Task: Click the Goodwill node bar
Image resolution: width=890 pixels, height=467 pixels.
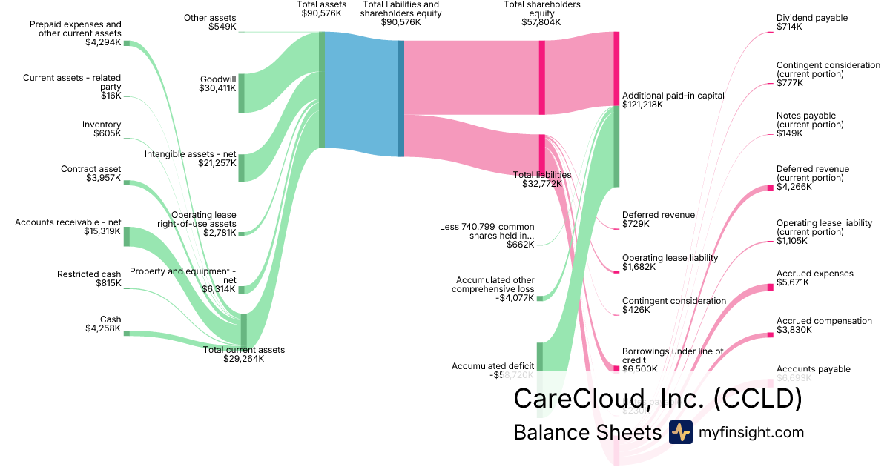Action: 241,93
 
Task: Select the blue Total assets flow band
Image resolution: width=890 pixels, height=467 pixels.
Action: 362,95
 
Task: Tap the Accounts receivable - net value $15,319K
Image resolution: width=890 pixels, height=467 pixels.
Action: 102,231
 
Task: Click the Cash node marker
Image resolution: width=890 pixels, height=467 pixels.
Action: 127,333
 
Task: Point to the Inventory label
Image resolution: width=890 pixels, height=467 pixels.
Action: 102,125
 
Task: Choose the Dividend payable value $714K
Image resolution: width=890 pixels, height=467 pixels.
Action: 789,27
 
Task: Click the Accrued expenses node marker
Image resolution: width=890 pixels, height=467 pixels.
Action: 770,287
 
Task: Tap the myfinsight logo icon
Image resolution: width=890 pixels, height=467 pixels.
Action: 680,432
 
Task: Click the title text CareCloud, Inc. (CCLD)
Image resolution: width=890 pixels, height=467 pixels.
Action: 658,398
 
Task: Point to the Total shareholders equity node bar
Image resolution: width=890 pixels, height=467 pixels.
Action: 542,78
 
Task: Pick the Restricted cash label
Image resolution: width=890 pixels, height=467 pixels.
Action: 89,274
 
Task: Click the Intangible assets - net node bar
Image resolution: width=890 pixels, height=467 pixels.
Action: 241,168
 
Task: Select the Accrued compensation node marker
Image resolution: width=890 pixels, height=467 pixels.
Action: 770,335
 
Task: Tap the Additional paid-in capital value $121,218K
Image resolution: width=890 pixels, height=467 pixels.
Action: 642,105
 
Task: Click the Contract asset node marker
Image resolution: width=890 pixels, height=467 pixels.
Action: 127,182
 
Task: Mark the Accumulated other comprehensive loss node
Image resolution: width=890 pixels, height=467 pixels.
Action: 540,298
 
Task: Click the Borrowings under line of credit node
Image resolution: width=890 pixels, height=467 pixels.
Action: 616,368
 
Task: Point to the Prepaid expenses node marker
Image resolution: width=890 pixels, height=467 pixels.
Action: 127,43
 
